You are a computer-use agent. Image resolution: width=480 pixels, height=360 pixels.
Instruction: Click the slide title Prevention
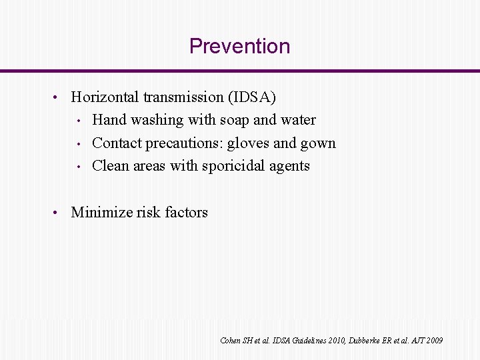239,46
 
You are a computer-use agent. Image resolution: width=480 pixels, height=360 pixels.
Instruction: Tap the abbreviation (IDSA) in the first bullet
252,97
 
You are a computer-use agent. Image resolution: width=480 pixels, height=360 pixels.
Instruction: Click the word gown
319,144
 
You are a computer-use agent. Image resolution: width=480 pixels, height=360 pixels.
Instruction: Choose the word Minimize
101,213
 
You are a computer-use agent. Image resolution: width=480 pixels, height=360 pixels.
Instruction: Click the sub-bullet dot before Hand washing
78,121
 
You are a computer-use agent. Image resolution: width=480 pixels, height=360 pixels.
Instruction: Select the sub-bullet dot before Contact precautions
78,143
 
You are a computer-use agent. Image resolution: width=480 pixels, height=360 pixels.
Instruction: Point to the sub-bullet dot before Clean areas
78,166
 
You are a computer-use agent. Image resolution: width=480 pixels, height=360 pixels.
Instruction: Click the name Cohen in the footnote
230,341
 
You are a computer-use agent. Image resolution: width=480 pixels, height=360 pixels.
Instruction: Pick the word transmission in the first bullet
183,97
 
